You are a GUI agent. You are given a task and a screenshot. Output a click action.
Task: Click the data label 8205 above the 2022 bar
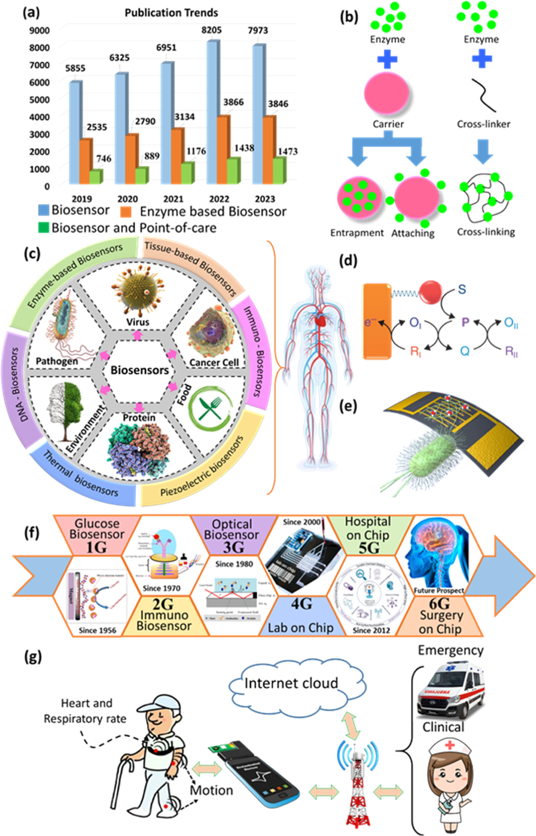[211, 30]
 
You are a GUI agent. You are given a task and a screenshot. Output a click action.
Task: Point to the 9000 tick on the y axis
[39, 31]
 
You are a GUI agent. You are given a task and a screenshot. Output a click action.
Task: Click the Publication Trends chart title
[171, 13]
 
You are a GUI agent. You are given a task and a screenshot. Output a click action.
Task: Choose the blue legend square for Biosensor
[44, 210]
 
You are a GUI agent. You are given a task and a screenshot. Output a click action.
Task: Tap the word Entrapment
[357, 233]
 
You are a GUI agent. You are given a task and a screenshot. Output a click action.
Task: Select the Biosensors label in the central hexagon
[139, 370]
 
